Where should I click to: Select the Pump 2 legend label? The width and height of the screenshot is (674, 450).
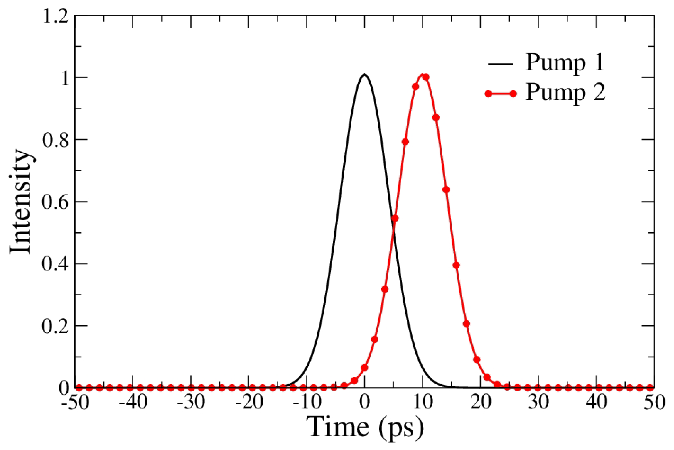coord(565,93)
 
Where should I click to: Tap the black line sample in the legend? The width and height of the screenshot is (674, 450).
coord(500,64)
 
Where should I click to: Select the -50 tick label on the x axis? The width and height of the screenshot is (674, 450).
coord(75,403)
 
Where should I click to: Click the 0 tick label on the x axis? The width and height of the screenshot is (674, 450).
coord(365,403)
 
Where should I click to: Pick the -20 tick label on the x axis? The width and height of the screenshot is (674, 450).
coord(249,403)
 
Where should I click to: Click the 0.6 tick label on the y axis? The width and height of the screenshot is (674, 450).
coord(56,202)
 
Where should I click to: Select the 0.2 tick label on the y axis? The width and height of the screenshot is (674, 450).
coord(56,326)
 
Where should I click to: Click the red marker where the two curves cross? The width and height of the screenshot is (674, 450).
coord(395,218)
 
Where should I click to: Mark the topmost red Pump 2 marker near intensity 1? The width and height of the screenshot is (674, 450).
coord(426,77)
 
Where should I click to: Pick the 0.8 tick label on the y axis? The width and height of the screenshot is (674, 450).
coord(56,140)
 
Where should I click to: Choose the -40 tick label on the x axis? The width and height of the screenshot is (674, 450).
coord(133,403)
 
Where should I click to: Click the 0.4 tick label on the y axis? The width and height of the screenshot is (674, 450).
coord(56,264)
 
